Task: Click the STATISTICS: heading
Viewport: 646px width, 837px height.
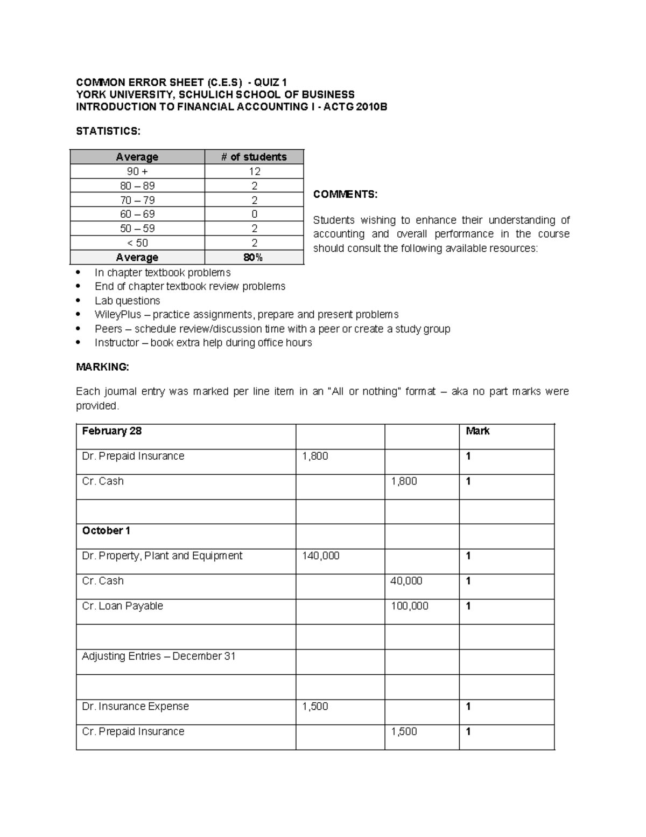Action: (108, 132)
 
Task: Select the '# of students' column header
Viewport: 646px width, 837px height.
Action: (254, 157)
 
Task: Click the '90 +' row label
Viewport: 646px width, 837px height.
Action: (137, 171)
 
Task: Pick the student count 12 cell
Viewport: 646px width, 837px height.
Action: (254, 171)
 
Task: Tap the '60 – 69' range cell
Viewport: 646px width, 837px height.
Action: (137, 214)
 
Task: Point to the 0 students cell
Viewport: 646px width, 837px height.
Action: (254, 214)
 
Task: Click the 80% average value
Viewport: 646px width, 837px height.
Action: (253, 258)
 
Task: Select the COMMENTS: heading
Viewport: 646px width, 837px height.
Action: (345, 195)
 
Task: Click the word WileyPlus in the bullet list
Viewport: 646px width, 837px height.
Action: (118, 315)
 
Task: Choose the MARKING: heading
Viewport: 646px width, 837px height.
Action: (102, 368)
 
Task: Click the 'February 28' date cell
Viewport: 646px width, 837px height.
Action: (111, 431)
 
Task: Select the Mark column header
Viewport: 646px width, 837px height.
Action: (478, 431)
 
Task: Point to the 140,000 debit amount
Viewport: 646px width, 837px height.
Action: (320, 556)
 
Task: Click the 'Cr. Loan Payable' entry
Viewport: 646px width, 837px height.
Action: (122, 606)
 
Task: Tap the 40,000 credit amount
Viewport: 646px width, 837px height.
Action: (406, 581)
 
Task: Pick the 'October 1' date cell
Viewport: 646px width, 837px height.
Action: (106, 531)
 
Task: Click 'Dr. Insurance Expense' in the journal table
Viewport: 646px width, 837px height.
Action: (135, 707)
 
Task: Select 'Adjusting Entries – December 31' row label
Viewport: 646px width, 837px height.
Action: (159, 656)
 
